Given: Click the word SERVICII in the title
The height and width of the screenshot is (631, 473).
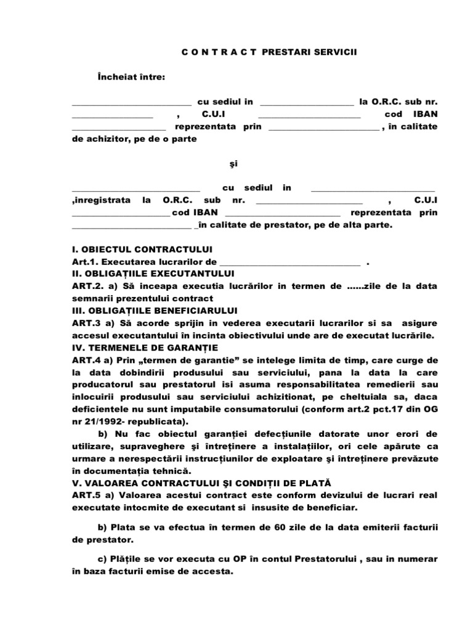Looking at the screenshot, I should click(336, 53).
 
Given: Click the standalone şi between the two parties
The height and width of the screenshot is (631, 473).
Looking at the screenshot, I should click(233, 164).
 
